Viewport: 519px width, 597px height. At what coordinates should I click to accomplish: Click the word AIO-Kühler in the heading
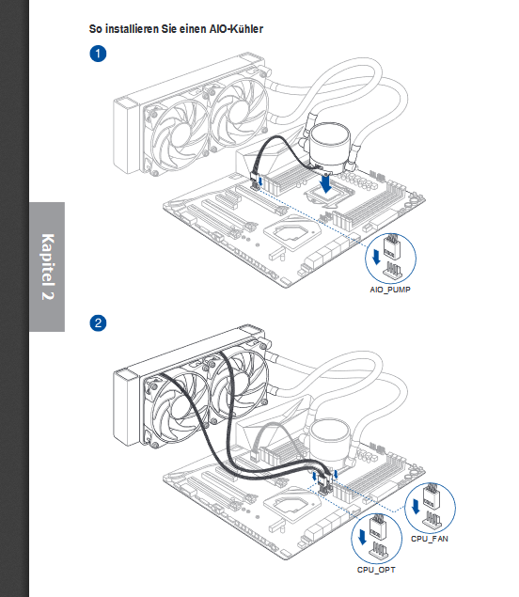click(x=236, y=29)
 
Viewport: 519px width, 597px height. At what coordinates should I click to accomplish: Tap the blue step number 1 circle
click(x=98, y=54)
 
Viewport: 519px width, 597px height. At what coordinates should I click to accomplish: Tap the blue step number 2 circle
click(x=98, y=322)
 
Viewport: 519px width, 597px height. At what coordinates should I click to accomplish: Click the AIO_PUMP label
click(x=390, y=290)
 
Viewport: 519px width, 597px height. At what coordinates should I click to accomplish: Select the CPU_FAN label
click(x=430, y=539)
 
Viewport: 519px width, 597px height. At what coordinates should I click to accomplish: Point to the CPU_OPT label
click(x=376, y=570)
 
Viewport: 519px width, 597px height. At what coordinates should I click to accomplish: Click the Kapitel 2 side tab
click(x=47, y=267)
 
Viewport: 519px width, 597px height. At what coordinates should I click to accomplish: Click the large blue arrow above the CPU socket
click(x=325, y=183)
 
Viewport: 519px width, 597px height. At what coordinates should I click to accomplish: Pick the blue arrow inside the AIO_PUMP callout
click(x=376, y=257)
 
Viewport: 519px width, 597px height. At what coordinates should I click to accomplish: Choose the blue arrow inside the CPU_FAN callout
click(x=416, y=507)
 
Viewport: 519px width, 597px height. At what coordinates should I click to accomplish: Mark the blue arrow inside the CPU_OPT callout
click(x=362, y=537)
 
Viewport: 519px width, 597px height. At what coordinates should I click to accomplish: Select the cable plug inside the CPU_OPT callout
click(x=378, y=526)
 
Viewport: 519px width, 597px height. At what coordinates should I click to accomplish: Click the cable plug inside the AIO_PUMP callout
click(x=391, y=246)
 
